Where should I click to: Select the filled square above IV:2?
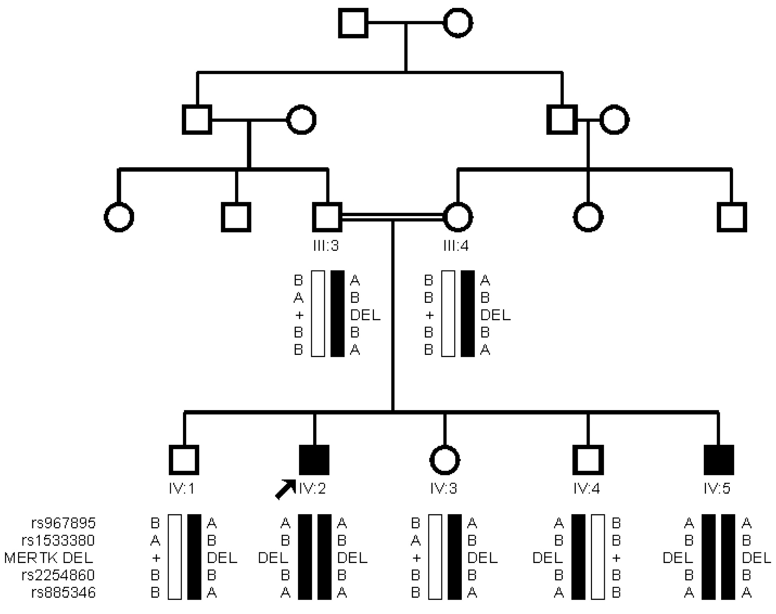[314, 460]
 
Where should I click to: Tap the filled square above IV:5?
[718, 460]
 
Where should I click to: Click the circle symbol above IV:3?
[445, 460]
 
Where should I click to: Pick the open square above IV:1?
[184, 460]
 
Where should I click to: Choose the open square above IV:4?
[588, 460]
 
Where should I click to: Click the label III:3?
[326, 246]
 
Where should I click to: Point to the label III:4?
[456, 246]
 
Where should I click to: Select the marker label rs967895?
[63, 523]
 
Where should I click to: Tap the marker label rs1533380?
[58, 540]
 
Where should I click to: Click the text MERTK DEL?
[49, 557]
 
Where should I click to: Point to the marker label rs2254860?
[58, 575]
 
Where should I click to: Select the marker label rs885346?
[63, 592]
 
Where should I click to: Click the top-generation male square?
[353, 23]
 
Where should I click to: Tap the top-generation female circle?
[458, 23]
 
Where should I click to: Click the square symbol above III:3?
[327, 217]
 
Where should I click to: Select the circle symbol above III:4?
[458, 217]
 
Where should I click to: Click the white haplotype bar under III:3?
[318, 314]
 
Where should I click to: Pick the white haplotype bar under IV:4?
[598, 557]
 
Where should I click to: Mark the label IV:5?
[717, 488]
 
